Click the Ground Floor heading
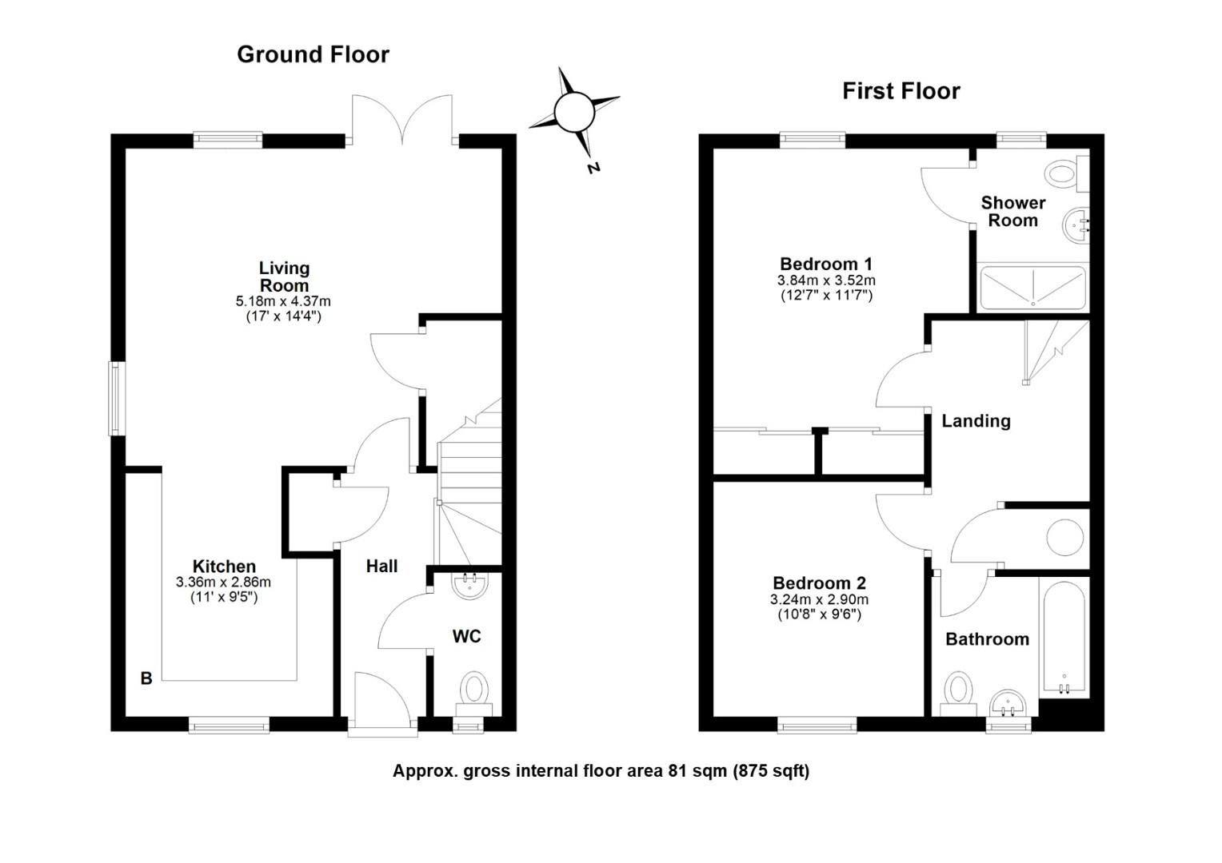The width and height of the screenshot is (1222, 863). point(313,55)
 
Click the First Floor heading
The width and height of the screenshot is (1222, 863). point(901,91)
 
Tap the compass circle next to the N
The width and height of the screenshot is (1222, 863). point(574,113)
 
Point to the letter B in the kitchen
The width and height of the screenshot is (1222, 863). point(146,678)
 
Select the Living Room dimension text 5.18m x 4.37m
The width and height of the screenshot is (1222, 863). point(283,301)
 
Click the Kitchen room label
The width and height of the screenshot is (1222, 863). point(224,566)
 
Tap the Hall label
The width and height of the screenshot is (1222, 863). point(382,567)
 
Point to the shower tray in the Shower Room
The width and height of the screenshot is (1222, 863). point(1032,288)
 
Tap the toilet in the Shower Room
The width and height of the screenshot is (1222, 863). point(1067,174)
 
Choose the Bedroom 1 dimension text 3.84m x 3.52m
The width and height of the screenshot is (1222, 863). point(826,280)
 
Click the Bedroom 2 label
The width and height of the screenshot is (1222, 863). point(820,583)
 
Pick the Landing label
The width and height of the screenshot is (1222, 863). point(976,421)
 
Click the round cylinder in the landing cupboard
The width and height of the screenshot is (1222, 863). point(1065,538)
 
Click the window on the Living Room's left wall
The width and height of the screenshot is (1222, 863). point(117,399)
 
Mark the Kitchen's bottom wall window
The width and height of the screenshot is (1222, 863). point(229,725)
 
